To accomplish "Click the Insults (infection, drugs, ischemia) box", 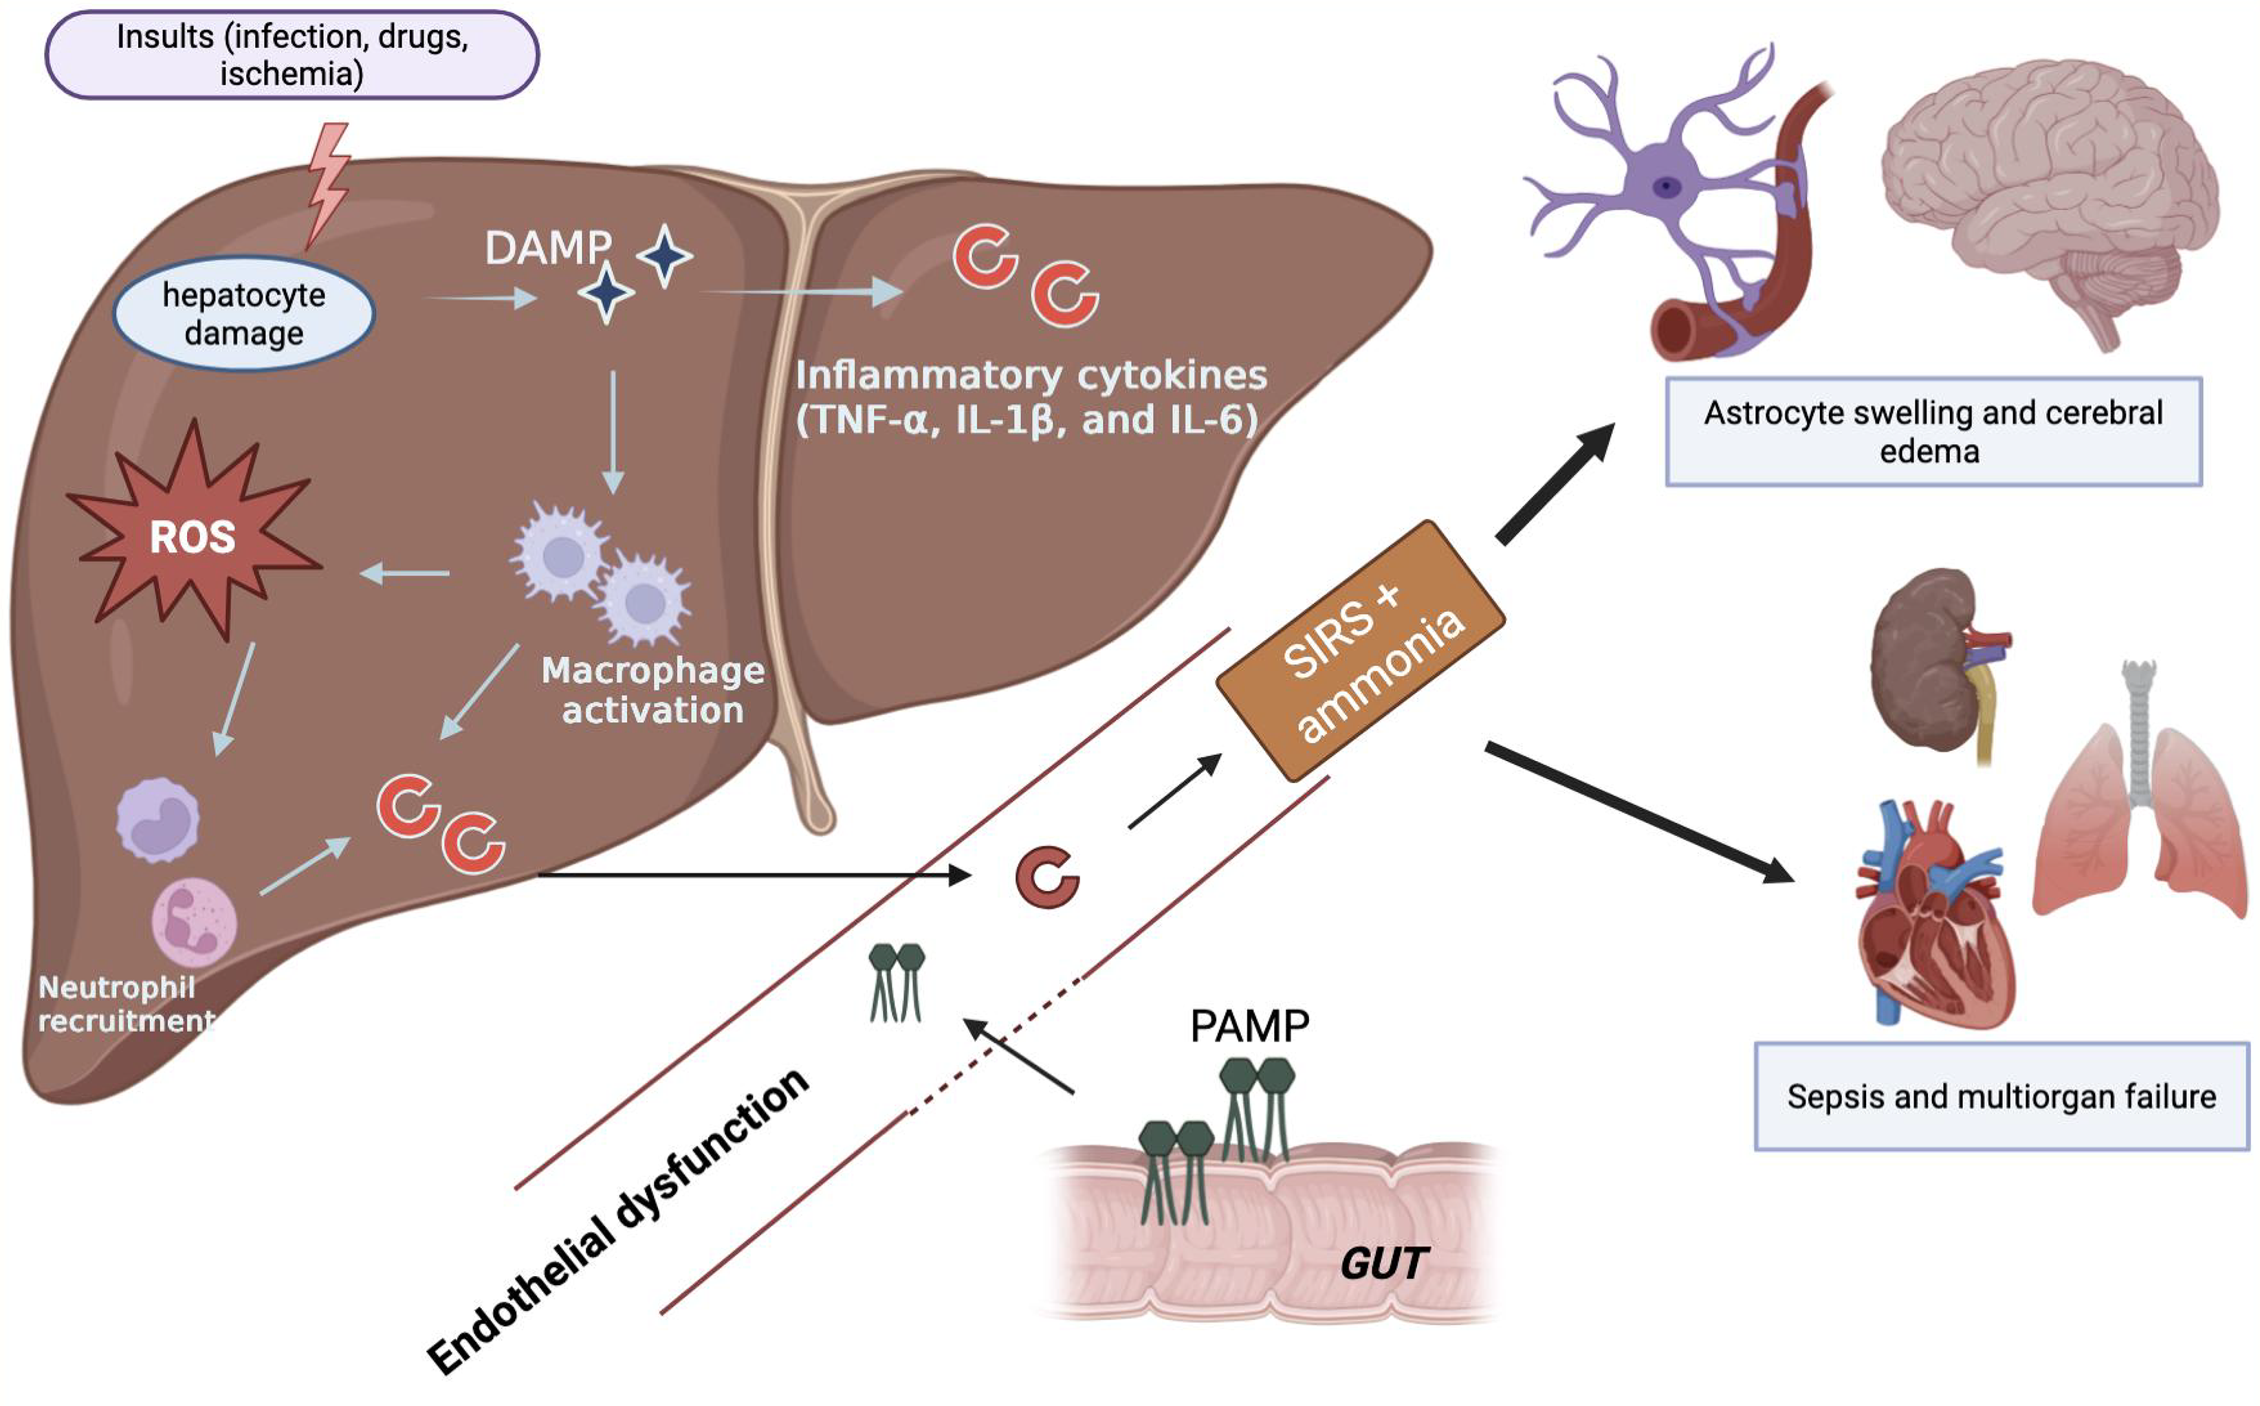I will click(x=292, y=55).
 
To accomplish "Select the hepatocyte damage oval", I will click(x=243, y=314).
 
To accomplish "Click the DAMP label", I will click(x=547, y=248).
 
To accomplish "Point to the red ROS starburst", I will click(x=193, y=536).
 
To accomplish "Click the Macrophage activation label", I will click(x=652, y=690).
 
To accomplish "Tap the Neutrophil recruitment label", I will click(x=126, y=1004).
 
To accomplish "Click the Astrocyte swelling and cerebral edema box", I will click(x=1933, y=432).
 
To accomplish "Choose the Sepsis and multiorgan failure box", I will click(x=2001, y=1097).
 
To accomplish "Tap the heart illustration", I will click(x=1933, y=916).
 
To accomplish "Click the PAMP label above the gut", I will click(x=1249, y=1026).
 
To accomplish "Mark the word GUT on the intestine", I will click(x=1383, y=1263).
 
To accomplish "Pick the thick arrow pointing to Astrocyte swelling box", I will click(x=1555, y=483).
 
